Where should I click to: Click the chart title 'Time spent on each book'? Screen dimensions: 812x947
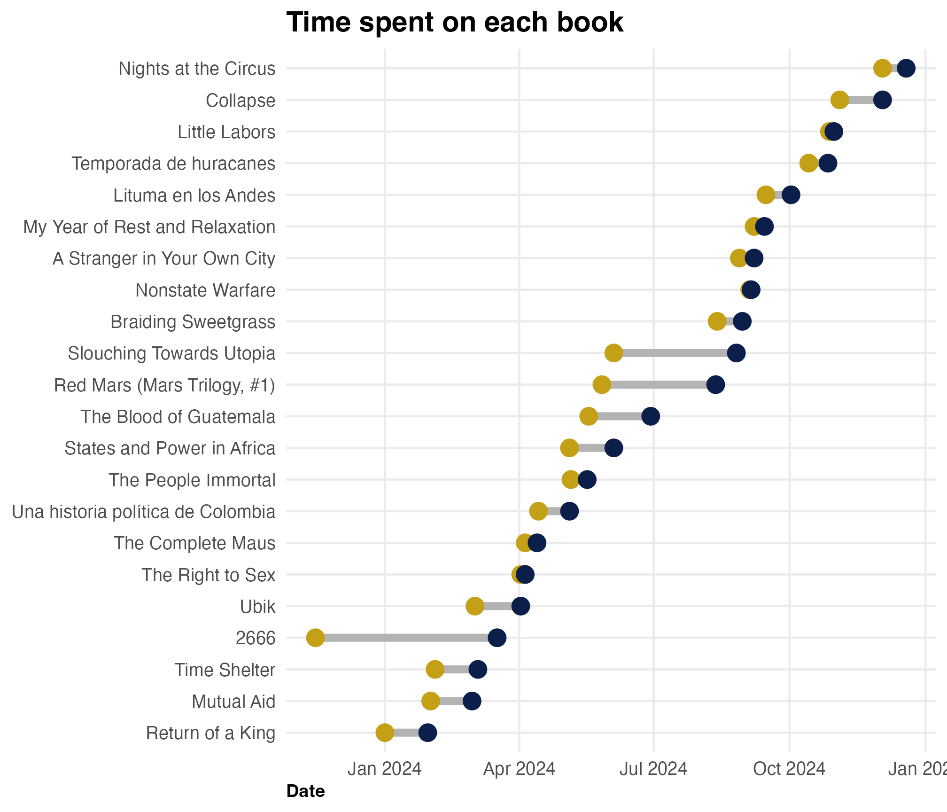coord(454,22)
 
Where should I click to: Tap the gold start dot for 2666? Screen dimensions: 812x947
coord(315,638)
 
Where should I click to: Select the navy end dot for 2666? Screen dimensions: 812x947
coord(497,638)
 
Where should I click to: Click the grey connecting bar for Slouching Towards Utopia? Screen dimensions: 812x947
coord(675,353)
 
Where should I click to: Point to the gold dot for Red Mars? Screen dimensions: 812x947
coord(602,385)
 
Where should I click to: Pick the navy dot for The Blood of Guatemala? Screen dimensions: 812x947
coord(651,416)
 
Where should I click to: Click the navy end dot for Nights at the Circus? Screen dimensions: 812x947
coord(906,68)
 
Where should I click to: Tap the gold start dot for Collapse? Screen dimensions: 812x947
coord(839,100)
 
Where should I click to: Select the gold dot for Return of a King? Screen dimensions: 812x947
coord(385,733)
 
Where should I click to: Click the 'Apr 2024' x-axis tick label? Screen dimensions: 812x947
coord(519,769)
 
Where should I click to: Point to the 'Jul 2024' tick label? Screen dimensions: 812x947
coord(653,769)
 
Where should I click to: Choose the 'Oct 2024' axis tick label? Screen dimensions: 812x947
coord(789,769)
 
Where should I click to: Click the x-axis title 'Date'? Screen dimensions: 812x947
coord(305,791)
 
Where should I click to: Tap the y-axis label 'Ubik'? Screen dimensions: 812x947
coord(257,607)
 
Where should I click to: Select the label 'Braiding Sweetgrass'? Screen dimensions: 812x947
coord(193,322)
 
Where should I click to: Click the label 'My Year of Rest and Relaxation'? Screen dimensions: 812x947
coord(149,227)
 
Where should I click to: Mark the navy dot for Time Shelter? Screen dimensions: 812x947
coord(478,669)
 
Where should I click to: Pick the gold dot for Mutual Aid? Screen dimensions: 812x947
coord(430,701)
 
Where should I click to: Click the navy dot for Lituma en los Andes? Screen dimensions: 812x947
coord(791,195)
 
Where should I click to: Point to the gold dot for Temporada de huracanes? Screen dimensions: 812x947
coord(808,164)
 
